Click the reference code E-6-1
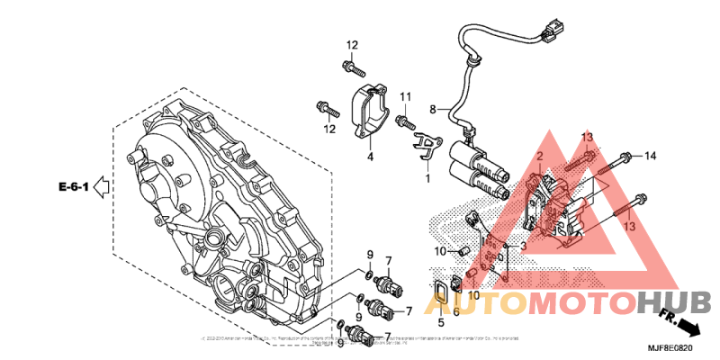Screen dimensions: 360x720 (73, 187)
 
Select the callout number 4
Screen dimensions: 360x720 (369, 157)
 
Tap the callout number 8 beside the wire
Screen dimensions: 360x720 (432, 110)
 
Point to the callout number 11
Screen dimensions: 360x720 (405, 96)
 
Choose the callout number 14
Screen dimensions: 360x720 (651, 157)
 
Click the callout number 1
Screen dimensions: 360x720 (427, 178)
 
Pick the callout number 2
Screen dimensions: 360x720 (539, 157)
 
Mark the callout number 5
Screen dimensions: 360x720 (441, 321)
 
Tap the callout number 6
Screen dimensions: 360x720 (456, 311)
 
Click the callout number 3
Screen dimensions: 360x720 (523, 245)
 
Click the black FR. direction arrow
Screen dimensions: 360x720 (686, 326)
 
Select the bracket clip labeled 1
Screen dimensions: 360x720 (427, 147)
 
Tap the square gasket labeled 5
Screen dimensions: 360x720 (441, 297)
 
